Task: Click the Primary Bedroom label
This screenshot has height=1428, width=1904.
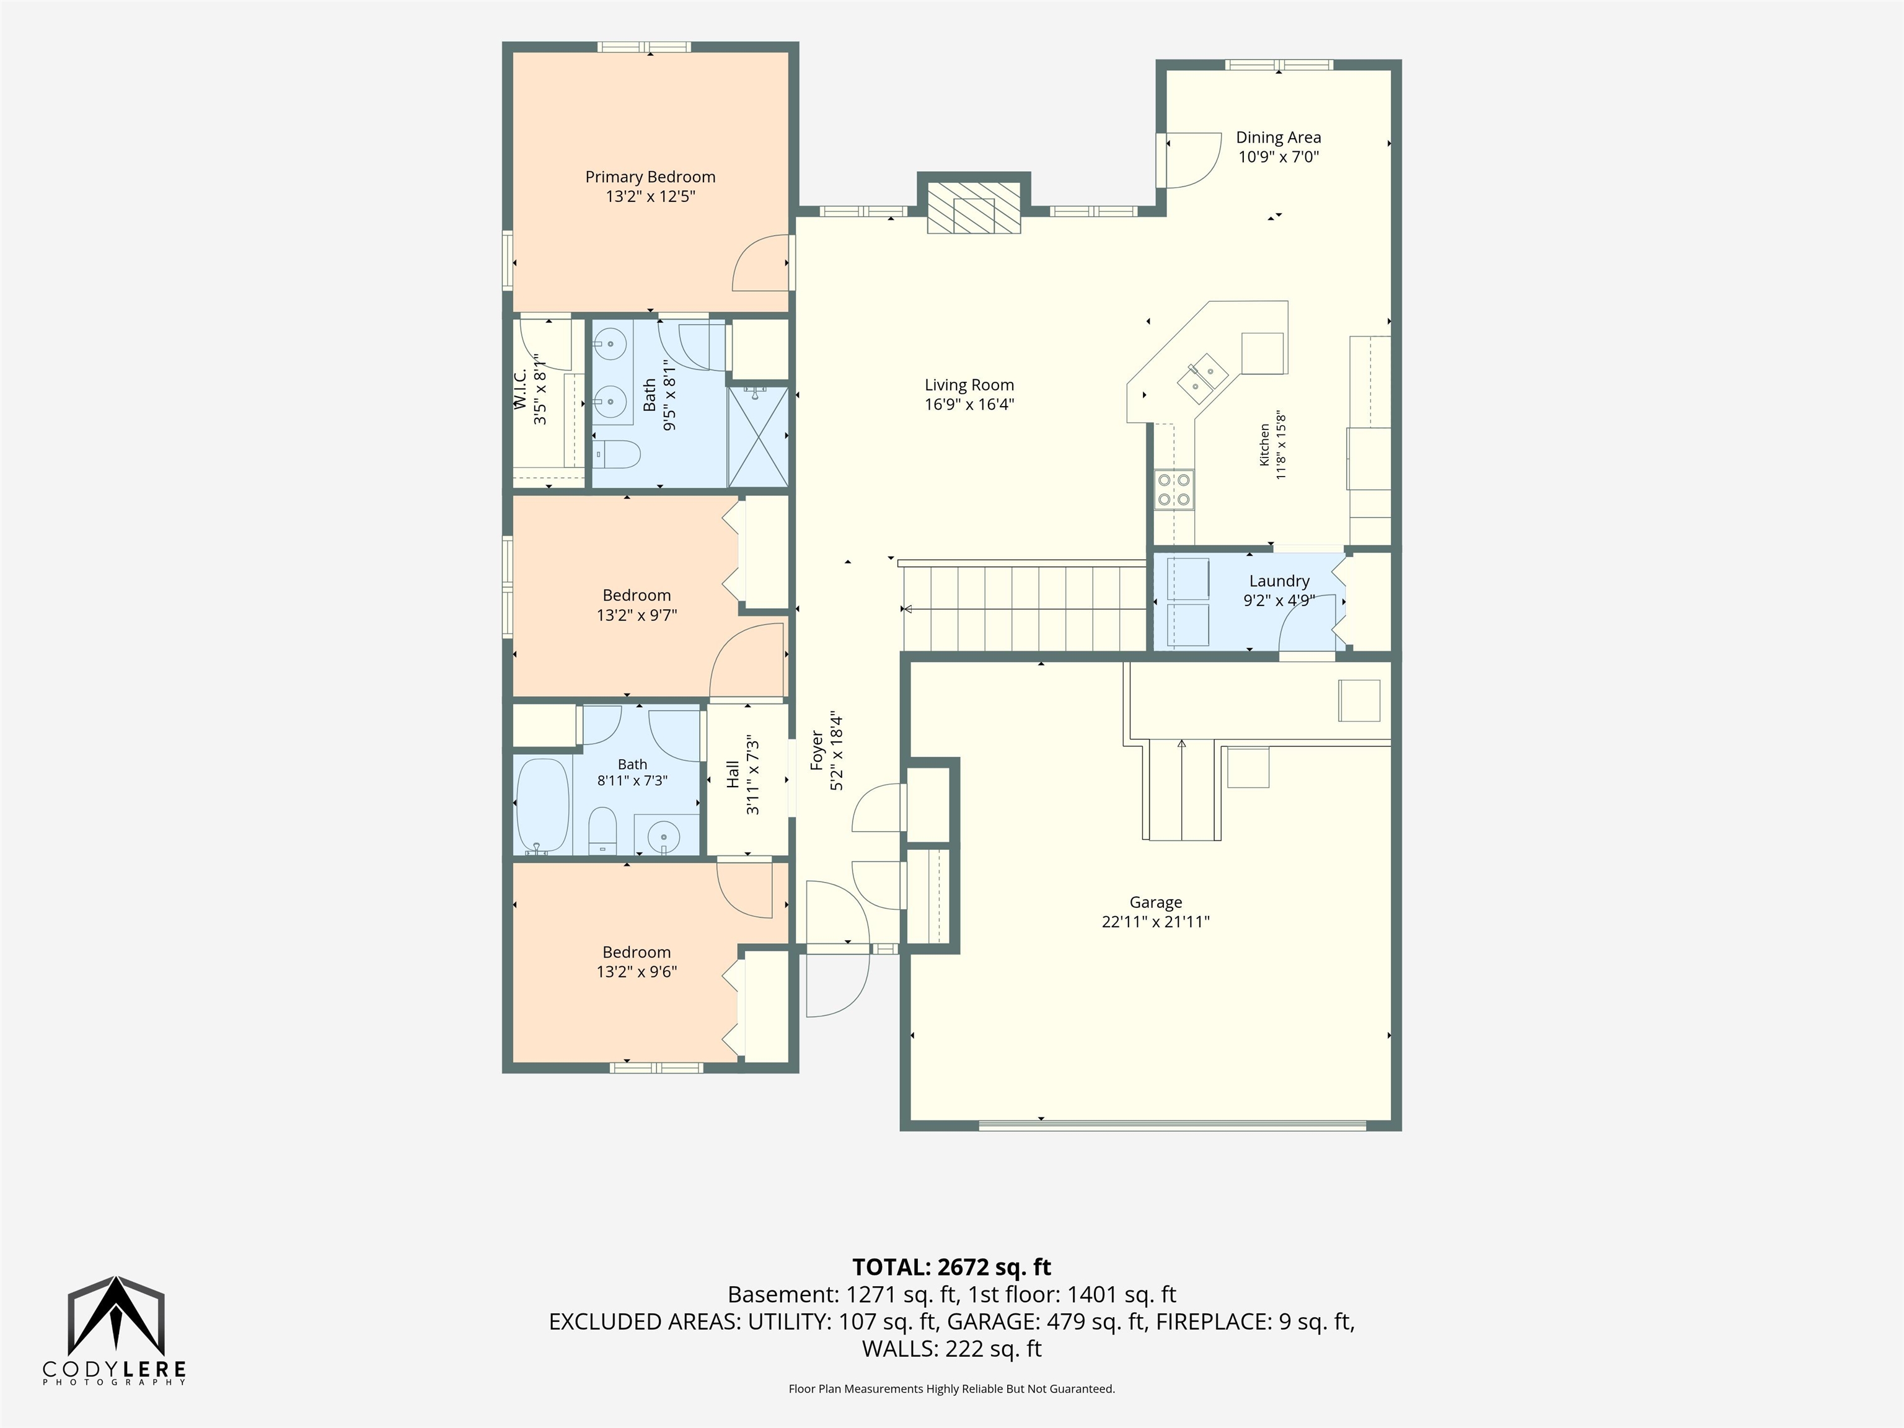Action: point(650,177)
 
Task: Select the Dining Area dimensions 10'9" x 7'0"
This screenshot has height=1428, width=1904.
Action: point(1278,157)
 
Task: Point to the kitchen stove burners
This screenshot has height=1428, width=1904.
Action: point(1174,490)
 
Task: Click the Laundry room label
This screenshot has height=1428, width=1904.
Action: point(1279,581)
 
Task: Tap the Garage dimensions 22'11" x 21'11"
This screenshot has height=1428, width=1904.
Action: point(1155,922)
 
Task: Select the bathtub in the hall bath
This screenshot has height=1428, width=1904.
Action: point(542,805)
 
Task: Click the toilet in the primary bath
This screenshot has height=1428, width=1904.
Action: point(616,454)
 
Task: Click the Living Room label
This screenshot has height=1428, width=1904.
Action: point(969,385)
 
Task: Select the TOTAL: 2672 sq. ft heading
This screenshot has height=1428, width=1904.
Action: point(951,1267)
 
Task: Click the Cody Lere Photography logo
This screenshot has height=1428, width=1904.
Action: point(115,1331)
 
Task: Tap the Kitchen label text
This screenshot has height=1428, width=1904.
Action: point(1264,444)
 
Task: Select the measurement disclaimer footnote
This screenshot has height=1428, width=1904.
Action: point(951,1388)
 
